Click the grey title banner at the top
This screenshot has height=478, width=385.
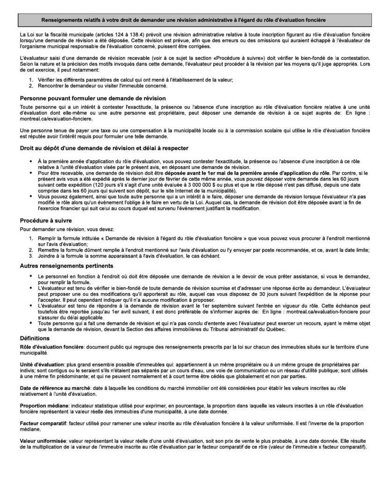point(192,21)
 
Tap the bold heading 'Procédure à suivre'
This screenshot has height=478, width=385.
point(46,220)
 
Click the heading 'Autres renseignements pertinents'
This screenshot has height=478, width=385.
point(66,266)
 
